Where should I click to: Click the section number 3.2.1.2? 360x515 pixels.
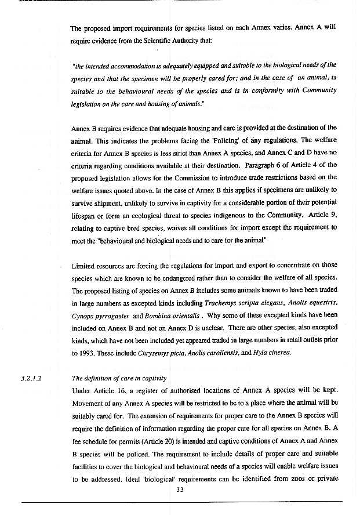pyautogui.click(x=32, y=379)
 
